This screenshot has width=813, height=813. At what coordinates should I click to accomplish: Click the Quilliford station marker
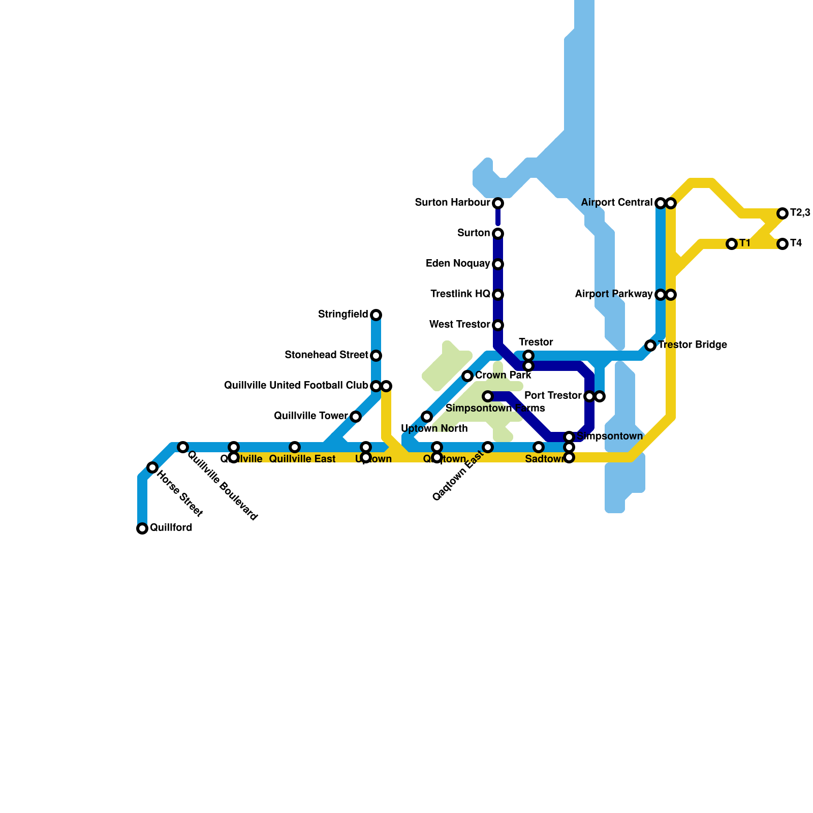pyautogui.click(x=142, y=528)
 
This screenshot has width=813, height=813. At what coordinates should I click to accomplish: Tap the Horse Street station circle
pyautogui.click(x=152, y=467)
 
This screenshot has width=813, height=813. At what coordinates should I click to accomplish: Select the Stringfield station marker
pyautogui.click(x=376, y=315)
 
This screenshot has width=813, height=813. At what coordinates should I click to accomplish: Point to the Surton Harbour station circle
pyautogui.click(x=498, y=203)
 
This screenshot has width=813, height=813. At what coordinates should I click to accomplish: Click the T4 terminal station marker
pyautogui.click(x=783, y=244)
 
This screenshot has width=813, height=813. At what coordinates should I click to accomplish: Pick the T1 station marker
pyautogui.click(x=732, y=244)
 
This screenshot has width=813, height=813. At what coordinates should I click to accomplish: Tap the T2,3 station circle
pyautogui.click(x=783, y=213)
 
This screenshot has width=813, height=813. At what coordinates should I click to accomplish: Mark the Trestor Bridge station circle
pyautogui.click(x=650, y=346)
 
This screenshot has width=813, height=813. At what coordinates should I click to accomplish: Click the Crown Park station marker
pyautogui.click(x=467, y=376)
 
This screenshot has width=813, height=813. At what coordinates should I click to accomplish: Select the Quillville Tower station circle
pyautogui.click(x=356, y=417)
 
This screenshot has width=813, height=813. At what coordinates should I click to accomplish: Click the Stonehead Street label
pyautogui.click(x=326, y=355)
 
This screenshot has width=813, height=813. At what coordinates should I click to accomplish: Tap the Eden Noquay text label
pyautogui.click(x=458, y=263)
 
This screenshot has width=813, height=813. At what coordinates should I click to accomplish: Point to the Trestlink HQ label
pyautogui.click(x=460, y=294)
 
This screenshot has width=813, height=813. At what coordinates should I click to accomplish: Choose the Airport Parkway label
pyautogui.click(x=614, y=294)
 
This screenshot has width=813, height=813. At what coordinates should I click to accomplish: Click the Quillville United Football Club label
pyautogui.click(x=296, y=385)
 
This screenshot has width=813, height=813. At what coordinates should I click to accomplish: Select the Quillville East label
pyautogui.click(x=302, y=459)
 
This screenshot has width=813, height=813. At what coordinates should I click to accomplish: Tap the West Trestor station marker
pyautogui.click(x=498, y=325)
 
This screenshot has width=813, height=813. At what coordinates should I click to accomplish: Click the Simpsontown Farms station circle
pyautogui.click(x=488, y=396)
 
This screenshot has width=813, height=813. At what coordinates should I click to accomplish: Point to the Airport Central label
pyautogui.click(x=617, y=202)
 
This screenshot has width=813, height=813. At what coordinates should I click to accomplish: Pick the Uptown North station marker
pyautogui.click(x=427, y=417)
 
